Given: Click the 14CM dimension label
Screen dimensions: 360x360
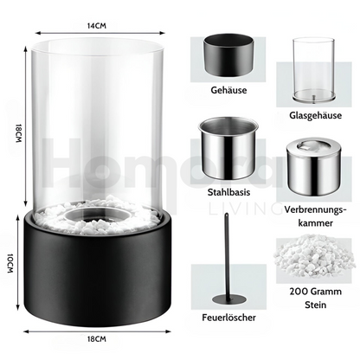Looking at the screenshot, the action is pyautogui.click(x=97, y=26).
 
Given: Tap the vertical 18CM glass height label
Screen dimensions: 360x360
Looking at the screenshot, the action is pyautogui.click(x=18, y=133).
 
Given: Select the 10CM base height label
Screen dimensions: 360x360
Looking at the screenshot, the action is pyautogui.click(x=10, y=263).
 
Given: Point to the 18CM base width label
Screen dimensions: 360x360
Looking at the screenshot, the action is pyautogui.click(x=97, y=339).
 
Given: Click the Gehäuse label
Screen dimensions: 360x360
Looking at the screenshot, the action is pyautogui.click(x=228, y=90).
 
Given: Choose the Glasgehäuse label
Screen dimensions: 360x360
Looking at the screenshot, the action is pyautogui.click(x=315, y=116).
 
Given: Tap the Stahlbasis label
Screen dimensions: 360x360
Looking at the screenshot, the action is pyautogui.click(x=228, y=192).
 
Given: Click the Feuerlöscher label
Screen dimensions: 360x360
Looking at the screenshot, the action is pyautogui.click(x=228, y=318).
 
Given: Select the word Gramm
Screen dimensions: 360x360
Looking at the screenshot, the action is pyautogui.click(x=327, y=292).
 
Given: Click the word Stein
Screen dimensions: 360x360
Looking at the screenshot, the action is pyautogui.click(x=315, y=305).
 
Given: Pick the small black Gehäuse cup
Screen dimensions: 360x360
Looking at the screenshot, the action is pyautogui.click(x=228, y=55).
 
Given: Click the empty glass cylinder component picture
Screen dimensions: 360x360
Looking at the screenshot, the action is pyautogui.click(x=314, y=70).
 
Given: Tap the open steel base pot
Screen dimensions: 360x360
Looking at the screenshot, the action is pyautogui.click(x=228, y=149).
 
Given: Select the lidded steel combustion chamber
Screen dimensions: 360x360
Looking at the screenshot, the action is pyautogui.click(x=314, y=167).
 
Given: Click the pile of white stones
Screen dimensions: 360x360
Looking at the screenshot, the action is pyautogui.click(x=314, y=255).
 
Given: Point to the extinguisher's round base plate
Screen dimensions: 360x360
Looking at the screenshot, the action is pyautogui.click(x=229, y=299).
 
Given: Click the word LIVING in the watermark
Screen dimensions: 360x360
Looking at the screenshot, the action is pyautogui.click(x=245, y=209).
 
